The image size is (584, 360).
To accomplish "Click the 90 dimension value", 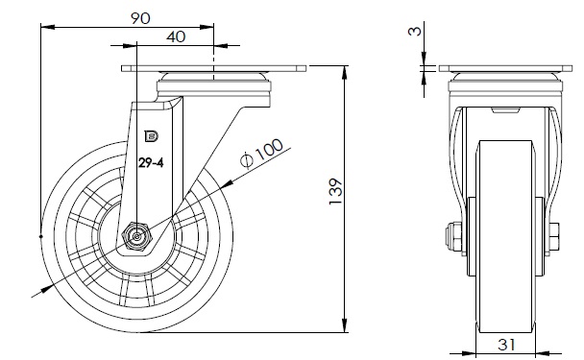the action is [140, 18].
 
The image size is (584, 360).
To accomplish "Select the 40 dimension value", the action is [176, 36].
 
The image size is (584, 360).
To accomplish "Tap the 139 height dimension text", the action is [335, 191].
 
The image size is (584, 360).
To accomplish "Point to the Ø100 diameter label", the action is [261, 154].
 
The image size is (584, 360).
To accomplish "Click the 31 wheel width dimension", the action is [506, 345].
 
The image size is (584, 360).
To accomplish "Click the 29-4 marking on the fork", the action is [151, 162].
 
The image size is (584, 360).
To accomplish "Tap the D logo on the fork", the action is [151, 136].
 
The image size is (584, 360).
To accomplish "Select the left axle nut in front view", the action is [453, 236].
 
